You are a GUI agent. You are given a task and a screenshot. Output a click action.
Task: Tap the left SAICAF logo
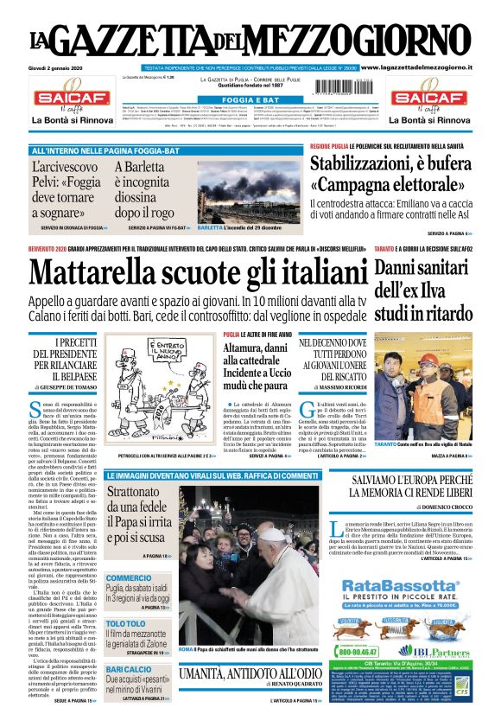(x=68, y=99)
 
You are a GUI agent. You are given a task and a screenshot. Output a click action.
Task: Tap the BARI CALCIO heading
(x=129, y=669)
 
